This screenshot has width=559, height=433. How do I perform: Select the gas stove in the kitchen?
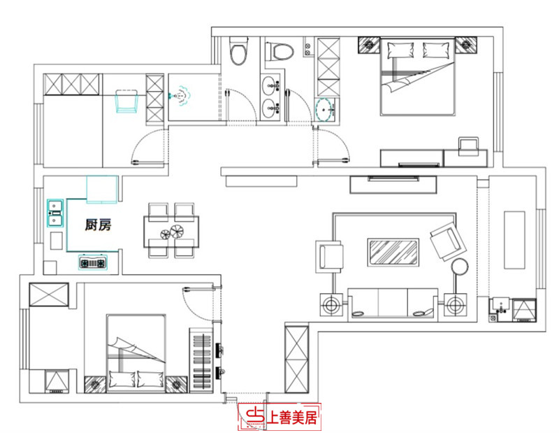93,263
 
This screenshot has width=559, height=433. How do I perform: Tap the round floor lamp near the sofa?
459,266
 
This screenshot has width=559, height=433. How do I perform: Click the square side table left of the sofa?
331,305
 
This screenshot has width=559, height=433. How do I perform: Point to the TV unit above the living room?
394,184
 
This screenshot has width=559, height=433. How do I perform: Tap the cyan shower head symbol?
182,95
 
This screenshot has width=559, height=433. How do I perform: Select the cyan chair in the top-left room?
126,101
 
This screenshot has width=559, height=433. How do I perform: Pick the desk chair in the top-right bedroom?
466,146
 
